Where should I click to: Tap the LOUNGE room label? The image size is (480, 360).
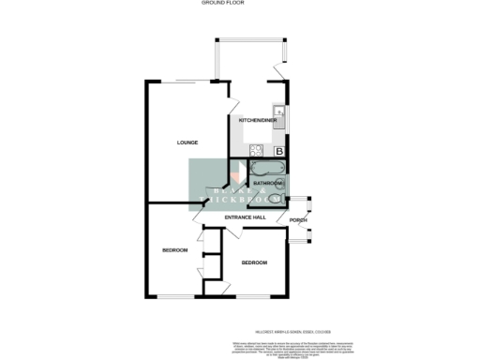(x=187, y=143)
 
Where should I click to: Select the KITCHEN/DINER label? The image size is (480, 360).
(x=257, y=122)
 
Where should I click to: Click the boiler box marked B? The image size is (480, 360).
(x=279, y=150)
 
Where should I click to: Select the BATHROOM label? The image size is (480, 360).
(x=269, y=184)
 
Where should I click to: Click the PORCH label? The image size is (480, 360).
(x=298, y=221)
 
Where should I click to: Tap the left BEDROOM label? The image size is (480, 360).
(x=174, y=250)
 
